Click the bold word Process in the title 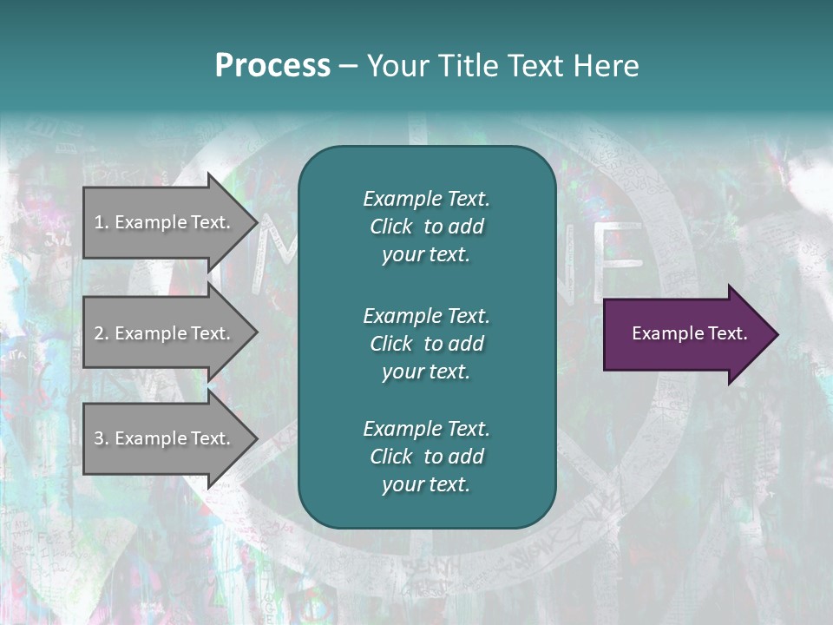click(272, 66)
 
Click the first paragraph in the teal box click(426, 227)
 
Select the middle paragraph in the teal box click(426, 344)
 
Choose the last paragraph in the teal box click(426, 457)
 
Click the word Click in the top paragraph click(390, 227)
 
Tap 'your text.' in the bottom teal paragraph click(426, 484)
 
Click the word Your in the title click(397, 66)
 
